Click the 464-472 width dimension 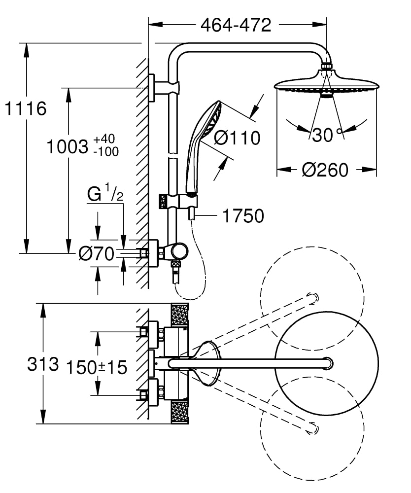[x=236, y=25]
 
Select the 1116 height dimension [x=25, y=108]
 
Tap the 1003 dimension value [x=67, y=147]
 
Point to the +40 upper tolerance [x=105, y=140]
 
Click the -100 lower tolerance [x=105, y=152]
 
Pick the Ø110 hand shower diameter [x=237, y=139]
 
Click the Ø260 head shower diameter [x=325, y=170]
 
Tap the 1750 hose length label [x=243, y=216]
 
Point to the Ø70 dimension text [x=97, y=254]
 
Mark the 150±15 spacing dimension [x=97, y=367]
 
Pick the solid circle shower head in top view [x=326, y=364]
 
